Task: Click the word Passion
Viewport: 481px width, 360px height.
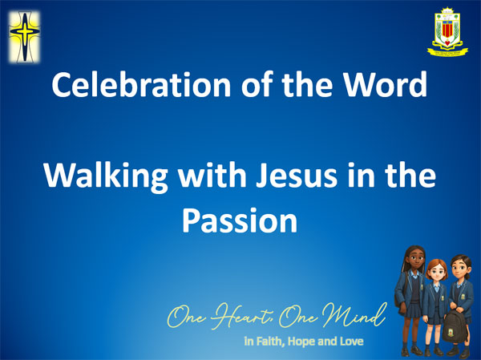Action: coord(240,219)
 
